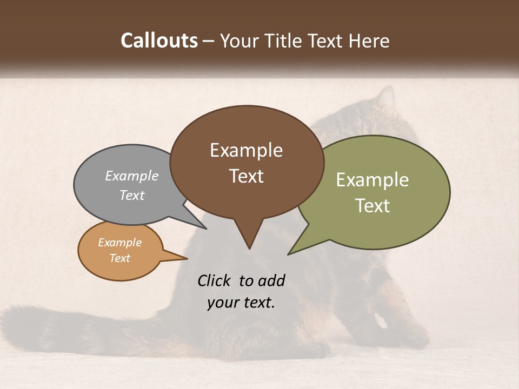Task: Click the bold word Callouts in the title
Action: (x=159, y=41)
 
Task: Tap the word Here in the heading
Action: (x=369, y=41)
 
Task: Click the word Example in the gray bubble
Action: (x=131, y=176)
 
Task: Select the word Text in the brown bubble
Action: (x=247, y=176)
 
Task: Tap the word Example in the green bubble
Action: (x=372, y=180)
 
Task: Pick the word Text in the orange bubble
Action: (x=120, y=258)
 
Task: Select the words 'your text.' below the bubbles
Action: (x=241, y=303)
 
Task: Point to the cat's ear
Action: (x=385, y=97)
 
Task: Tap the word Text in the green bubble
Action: (x=372, y=206)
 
